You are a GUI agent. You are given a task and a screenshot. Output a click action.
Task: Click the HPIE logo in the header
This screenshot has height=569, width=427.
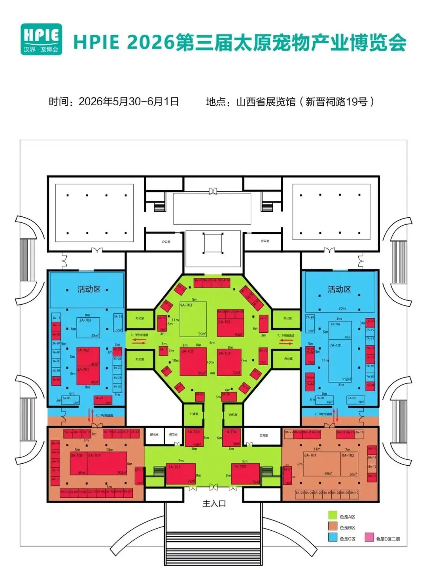point(42,39)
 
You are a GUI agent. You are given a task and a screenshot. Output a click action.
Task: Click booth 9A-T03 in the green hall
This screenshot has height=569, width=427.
point(193,319)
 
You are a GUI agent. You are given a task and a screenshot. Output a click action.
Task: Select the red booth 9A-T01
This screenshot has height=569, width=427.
point(193,362)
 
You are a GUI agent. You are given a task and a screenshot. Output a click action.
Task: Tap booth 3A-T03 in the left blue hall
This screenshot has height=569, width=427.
point(88,327)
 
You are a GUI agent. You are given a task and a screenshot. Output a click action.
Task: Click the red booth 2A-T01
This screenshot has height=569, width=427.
point(107,463)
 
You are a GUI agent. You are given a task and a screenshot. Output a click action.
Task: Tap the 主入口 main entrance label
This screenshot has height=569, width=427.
point(214,503)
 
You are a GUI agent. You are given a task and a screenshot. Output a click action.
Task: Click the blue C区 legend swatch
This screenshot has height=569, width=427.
point(333,538)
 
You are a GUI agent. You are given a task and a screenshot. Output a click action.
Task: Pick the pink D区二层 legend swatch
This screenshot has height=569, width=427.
point(369,538)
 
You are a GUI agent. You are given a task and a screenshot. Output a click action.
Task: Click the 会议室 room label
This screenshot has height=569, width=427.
point(265,241)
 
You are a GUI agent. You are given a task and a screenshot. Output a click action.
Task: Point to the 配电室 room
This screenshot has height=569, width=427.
point(154,434)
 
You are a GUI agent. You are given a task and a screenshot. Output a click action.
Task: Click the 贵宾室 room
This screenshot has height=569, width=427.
point(264,435)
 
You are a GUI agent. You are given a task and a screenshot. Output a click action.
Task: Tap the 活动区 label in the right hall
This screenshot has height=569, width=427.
point(339,289)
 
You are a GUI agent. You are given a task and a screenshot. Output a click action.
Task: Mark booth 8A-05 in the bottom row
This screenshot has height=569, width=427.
point(318,493)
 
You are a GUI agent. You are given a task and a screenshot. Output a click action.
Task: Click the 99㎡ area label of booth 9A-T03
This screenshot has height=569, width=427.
point(202,334)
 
